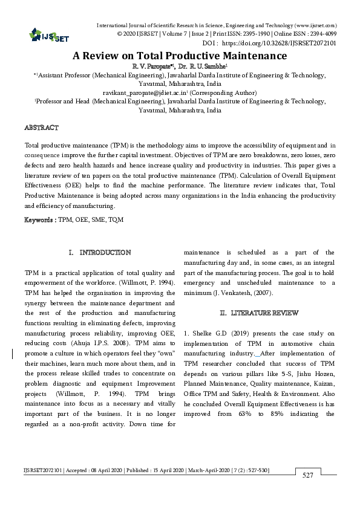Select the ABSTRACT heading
[x=41, y=128]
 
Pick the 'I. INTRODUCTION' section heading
[x=100, y=252]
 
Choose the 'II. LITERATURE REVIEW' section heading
[x=258, y=313]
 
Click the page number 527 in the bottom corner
[x=307, y=476]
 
